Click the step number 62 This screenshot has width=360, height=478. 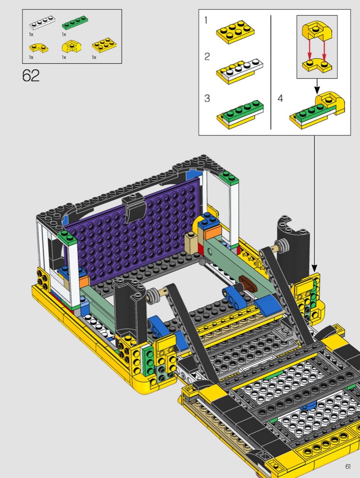click(x=31, y=76)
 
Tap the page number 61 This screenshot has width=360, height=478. click(x=348, y=467)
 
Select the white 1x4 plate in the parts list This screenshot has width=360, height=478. click(x=43, y=23)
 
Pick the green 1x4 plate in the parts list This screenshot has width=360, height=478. click(x=75, y=23)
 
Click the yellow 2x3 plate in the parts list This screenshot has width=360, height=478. click(x=105, y=45)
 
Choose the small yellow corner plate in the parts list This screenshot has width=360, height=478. click(x=39, y=48)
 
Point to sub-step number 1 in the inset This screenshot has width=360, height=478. click(x=206, y=20)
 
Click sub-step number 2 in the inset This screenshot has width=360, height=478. click(x=207, y=56)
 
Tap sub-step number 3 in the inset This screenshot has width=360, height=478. click(x=207, y=98)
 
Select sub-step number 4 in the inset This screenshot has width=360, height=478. click(x=280, y=98)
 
